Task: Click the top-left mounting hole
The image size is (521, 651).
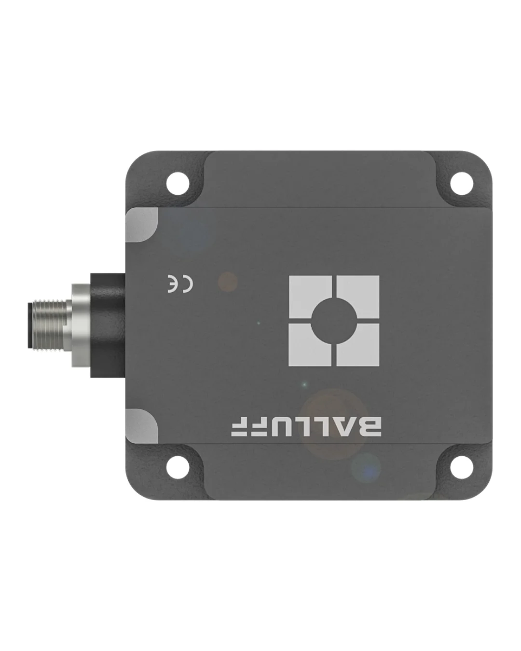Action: pos(178,183)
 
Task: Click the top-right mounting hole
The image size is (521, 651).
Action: pos(461,183)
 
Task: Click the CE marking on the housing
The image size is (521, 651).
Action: pos(180,284)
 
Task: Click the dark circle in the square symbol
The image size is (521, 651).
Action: pos(334,321)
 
